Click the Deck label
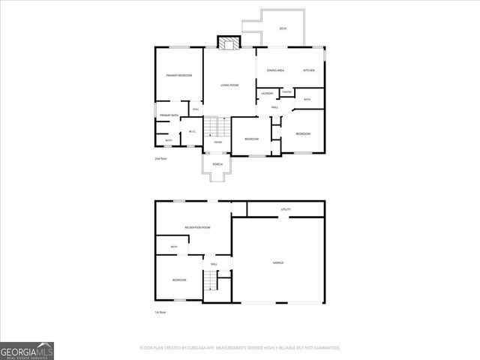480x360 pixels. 283,28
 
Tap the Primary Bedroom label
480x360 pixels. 179,76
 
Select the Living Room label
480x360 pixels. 229,85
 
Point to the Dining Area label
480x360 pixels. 275,70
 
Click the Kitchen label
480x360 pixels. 309,70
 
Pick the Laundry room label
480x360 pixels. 268,93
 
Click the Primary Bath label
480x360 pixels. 169,115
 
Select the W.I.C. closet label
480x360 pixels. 192,132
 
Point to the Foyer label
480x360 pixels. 217,142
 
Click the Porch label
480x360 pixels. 217,164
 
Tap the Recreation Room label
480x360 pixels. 198,227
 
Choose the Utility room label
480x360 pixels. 286,209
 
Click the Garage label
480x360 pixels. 277,262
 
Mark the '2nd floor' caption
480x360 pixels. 160,159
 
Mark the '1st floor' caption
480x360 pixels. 160,312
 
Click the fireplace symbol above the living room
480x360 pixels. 226,43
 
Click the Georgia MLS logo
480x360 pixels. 27,350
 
